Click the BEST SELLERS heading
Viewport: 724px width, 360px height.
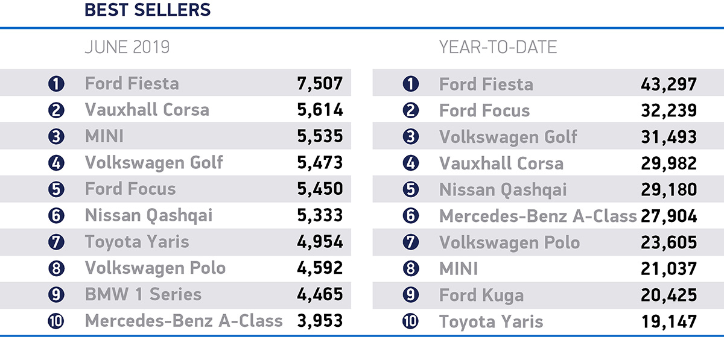[147, 10]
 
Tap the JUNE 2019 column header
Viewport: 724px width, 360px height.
[127, 47]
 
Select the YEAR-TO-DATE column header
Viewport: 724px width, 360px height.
[498, 47]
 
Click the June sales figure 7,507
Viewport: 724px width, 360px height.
[320, 83]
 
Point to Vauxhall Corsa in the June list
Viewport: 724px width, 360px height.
[147, 110]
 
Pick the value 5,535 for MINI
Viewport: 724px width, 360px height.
[320, 136]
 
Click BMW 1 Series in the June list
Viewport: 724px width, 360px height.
[143, 294]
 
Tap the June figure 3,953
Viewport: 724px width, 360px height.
[320, 321]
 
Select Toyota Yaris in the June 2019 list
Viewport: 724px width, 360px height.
[137, 242]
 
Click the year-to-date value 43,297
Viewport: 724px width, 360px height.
[668, 84]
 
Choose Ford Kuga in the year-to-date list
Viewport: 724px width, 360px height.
[481, 295]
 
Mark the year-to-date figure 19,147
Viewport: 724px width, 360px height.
[668, 321]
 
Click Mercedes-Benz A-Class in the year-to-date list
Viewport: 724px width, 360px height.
[538, 216]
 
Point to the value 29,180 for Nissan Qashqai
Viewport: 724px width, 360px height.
[668, 190]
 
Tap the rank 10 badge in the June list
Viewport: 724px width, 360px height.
[56, 321]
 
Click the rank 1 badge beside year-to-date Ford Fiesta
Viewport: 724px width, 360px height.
[410, 84]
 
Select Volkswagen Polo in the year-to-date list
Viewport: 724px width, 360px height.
[509, 242]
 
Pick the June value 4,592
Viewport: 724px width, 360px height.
[320, 268]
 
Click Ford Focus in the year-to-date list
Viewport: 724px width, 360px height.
[484, 111]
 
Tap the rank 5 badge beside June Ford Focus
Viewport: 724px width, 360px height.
[56, 189]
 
